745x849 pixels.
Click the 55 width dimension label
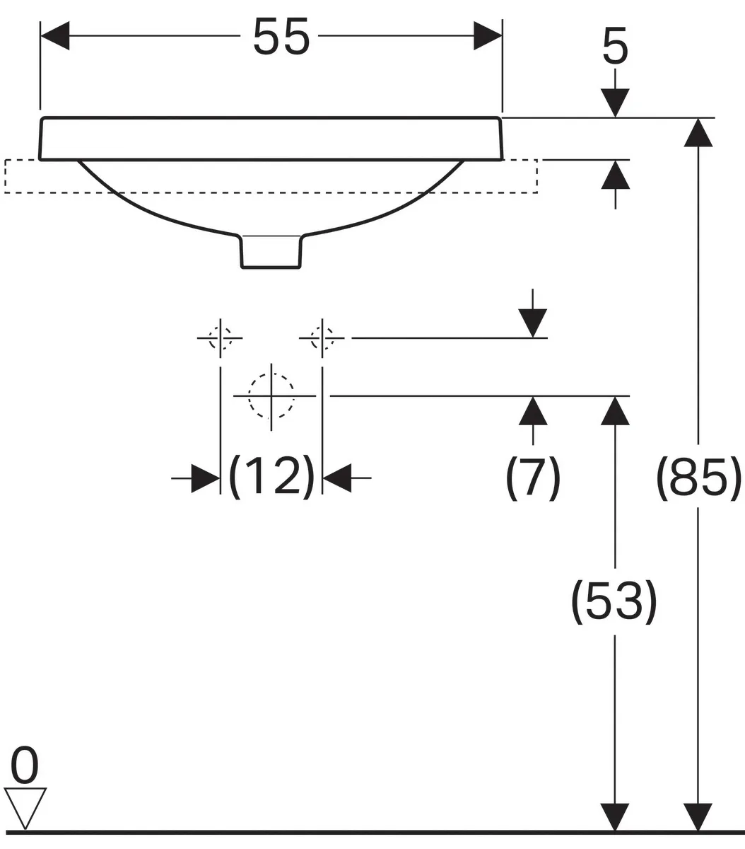(281, 37)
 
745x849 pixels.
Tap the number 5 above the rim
(615, 46)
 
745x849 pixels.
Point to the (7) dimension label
(533, 478)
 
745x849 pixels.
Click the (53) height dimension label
(614, 602)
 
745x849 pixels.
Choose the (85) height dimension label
(698, 478)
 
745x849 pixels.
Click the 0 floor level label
(24, 766)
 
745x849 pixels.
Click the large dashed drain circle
(271, 396)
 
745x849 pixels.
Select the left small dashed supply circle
(221, 337)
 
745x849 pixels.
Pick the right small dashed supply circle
(322, 337)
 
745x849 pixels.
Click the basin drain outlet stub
(271, 251)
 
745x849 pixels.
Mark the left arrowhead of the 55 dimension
(55, 35)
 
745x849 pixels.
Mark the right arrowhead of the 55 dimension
(488, 35)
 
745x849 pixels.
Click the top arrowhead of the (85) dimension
(698, 132)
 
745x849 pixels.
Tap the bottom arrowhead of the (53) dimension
(615, 816)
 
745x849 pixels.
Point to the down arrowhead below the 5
(615, 103)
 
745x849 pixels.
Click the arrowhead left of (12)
(206, 478)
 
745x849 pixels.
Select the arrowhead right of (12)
(337, 478)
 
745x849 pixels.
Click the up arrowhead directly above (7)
(533, 410)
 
